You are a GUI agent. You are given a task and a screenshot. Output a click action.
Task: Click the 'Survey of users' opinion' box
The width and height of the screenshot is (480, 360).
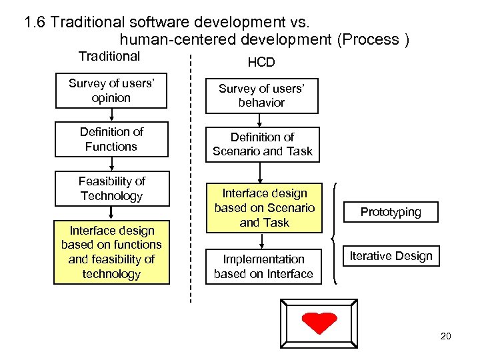(x=111, y=91)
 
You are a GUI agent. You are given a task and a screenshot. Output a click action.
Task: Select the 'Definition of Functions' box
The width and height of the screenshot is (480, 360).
(x=111, y=139)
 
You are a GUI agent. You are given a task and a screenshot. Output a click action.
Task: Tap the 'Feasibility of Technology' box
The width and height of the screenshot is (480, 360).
(x=111, y=189)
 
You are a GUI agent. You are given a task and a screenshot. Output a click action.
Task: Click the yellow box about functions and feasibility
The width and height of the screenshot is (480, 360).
(x=111, y=252)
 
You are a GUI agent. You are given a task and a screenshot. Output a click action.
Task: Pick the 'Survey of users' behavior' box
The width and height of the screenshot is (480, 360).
(x=261, y=96)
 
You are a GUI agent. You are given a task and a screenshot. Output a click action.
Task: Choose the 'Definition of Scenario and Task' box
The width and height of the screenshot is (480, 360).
(x=262, y=145)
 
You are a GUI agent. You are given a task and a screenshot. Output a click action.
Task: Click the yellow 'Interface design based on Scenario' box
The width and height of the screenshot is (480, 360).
(x=264, y=208)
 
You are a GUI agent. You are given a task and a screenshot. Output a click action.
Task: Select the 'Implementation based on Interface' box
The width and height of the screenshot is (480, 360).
(x=263, y=266)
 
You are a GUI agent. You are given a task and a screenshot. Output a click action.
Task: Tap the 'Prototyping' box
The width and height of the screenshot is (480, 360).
(x=391, y=212)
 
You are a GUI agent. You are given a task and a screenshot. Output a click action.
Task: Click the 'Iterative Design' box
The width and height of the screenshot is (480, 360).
(x=391, y=255)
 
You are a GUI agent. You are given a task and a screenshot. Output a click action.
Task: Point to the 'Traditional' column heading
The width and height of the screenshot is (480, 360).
(x=109, y=57)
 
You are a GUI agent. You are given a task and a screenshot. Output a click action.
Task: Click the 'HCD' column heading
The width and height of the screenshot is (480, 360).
(x=261, y=63)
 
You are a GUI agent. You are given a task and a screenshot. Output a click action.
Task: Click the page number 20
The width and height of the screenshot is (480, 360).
(x=445, y=336)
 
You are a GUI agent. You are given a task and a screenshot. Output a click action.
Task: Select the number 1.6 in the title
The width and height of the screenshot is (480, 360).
(x=35, y=22)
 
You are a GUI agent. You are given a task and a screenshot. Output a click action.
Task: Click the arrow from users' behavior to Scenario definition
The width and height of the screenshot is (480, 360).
(x=262, y=120)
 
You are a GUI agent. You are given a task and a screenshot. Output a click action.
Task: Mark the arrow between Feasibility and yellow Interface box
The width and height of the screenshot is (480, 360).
(x=111, y=212)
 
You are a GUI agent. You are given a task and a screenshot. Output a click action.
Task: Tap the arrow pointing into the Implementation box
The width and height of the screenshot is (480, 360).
(x=263, y=241)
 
